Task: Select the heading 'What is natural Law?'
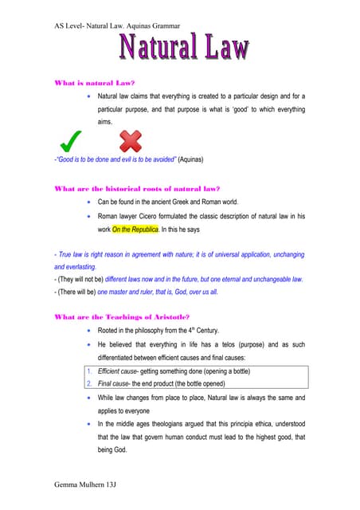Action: (93, 83)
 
